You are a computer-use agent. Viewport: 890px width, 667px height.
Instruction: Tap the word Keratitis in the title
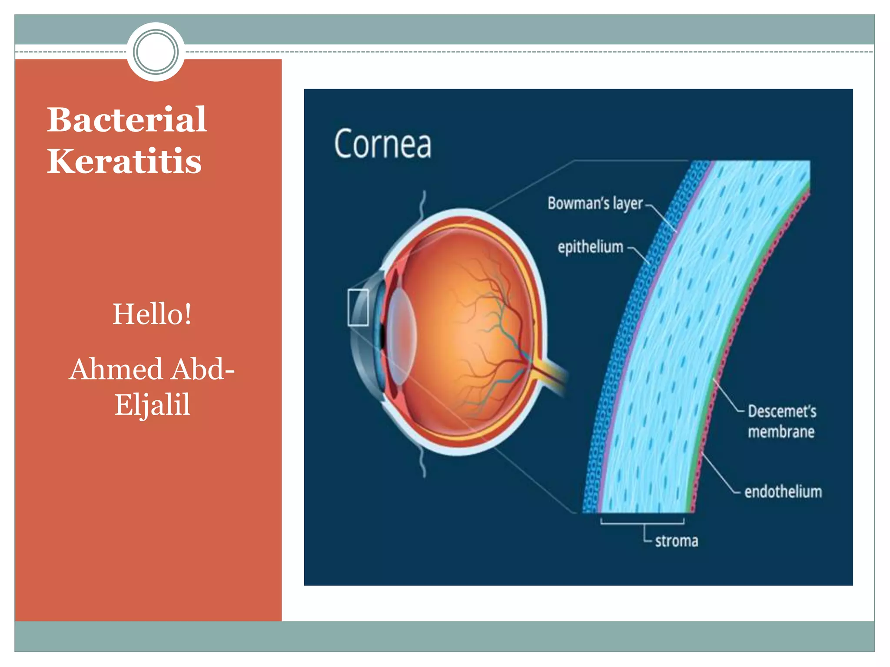click(124, 161)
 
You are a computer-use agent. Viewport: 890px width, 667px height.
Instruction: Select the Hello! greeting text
click(152, 314)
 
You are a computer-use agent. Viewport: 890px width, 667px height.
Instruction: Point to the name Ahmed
click(116, 369)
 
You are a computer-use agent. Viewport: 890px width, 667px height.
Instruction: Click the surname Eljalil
click(152, 404)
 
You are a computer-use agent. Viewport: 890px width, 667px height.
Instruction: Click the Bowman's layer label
click(595, 203)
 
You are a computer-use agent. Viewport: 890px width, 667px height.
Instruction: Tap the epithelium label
click(590, 247)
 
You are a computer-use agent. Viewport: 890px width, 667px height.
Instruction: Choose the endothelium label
click(783, 492)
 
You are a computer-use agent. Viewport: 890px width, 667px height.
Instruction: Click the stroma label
click(676, 541)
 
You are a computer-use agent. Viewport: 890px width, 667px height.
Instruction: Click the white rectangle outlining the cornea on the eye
click(358, 307)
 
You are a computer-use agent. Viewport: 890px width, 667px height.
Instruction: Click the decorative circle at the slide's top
click(156, 52)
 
